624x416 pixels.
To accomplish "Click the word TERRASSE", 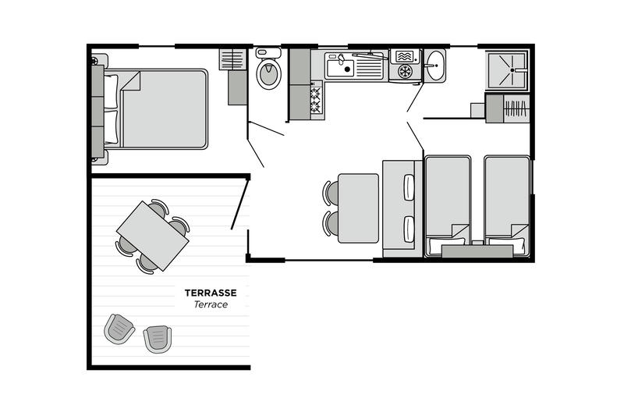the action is click(211, 293).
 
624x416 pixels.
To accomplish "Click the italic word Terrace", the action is click(211, 304).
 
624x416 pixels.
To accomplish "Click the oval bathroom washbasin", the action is click(434, 66).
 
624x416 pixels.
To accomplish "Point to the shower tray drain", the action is click(512, 70).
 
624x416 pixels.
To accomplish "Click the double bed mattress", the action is click(163, 109).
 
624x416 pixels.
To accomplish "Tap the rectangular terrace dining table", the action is click(152, 236).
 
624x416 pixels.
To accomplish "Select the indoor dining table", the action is click(358, 208).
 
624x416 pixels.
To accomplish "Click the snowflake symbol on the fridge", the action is click(405, 72).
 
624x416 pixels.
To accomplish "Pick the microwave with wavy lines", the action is click(405, 56).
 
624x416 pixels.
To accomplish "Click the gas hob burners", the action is click(316, 100).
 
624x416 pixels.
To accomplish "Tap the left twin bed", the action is click(448, 206).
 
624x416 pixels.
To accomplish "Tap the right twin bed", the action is click(507, 206).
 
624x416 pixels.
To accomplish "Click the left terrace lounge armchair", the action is click(119, 329).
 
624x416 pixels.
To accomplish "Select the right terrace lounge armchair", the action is click(158, 339).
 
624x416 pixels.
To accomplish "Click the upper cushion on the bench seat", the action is click(409, 187).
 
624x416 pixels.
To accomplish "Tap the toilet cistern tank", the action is click(268, 53).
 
